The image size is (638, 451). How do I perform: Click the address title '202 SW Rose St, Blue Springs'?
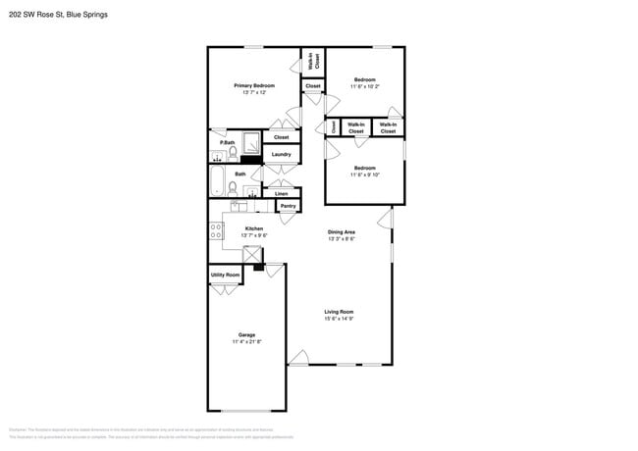(x=58, y=16)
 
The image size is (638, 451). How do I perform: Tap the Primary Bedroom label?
(x=254, y=86)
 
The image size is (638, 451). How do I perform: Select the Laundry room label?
(x=281, y=154)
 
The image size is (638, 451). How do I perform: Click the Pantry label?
(x=288, y=206)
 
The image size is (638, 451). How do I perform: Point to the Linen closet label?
(x=281, y=193)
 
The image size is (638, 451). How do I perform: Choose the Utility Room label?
(x=225, y=275)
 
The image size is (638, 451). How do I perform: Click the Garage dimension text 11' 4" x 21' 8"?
(x=246, y=341)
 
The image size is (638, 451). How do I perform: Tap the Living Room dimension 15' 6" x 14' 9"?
(x=339, y=319)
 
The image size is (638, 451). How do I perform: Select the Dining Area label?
(x=342, y=231)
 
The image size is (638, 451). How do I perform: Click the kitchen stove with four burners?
(x=216, y=231)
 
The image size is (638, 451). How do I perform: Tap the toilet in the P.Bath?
(x=233, y=154)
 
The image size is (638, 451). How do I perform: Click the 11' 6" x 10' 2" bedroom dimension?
(x=365, y=86)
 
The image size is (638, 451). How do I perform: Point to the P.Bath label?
(x=227, y=143)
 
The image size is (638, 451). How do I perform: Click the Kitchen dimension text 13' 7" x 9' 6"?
(x=253, y=235)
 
